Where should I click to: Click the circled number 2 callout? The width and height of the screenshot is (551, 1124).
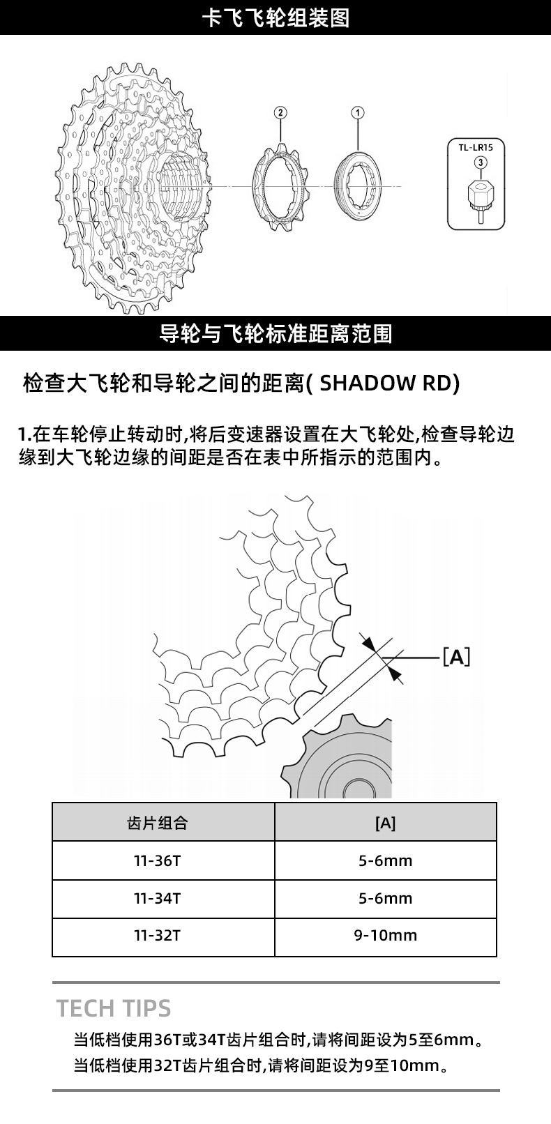coord(280,112)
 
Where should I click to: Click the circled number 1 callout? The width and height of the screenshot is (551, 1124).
coord(358,112)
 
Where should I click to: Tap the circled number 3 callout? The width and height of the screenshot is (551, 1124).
coord(481,162)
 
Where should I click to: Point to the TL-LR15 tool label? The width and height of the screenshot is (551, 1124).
coord(476,148)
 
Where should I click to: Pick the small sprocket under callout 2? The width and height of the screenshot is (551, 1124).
coord(280,187)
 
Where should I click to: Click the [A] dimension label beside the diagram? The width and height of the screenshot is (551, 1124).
coord(457,656)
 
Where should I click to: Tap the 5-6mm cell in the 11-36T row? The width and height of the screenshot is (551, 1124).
coord(386,860)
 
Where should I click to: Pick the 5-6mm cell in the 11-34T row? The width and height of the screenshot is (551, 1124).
coord(386,899)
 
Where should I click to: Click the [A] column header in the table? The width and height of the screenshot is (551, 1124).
coord(386,822)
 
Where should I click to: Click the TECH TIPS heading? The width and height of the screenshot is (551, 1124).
coord(114,1008)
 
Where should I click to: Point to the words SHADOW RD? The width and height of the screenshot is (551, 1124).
coord(386,384)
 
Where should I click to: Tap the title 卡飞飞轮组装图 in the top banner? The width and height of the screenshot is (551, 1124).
coord(275,18)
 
